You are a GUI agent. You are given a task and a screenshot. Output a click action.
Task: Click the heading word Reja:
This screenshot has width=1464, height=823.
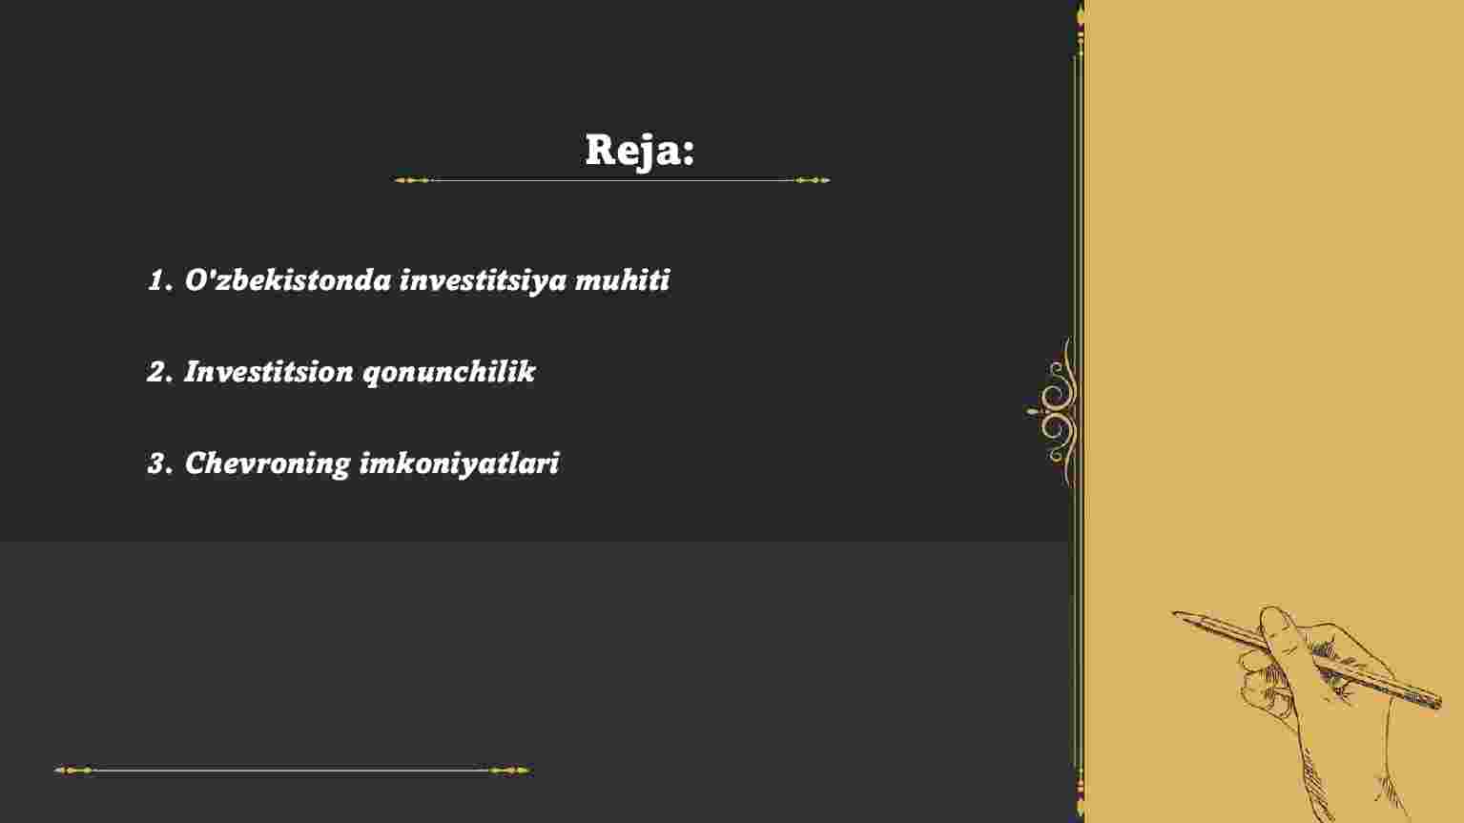[639, 151]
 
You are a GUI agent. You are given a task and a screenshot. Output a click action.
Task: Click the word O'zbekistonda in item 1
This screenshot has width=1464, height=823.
[288, 279]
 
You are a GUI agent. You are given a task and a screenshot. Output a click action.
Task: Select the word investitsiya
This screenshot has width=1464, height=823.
[483, 280]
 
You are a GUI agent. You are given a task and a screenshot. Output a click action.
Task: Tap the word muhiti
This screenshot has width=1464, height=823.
[622, 279]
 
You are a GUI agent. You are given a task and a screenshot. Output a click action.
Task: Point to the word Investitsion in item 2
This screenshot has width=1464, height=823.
[269, 371]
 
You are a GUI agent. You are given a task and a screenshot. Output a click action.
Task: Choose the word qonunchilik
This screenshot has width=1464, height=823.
[448, 372]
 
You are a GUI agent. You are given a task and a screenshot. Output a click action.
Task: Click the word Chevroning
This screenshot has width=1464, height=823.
[268, 464]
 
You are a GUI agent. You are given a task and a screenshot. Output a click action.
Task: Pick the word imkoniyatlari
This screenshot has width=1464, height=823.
[460, 464]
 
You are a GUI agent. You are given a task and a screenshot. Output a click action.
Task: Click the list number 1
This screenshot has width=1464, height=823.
[160, 280]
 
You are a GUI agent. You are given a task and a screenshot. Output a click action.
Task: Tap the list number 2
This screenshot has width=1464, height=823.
[160, 372]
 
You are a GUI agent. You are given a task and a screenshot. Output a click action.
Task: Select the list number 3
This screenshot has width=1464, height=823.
[160, 463]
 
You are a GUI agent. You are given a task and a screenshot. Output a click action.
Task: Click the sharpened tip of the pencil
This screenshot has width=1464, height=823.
[1174, 613]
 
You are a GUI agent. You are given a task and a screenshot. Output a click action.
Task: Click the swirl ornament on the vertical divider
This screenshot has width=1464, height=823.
[1054, 412]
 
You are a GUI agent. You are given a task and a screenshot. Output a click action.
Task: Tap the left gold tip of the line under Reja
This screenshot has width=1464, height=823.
[397, 180]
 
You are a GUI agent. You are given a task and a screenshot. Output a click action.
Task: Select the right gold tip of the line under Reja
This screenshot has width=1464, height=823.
[827, 180]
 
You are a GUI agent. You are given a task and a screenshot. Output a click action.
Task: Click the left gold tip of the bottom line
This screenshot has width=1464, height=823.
[57, 770]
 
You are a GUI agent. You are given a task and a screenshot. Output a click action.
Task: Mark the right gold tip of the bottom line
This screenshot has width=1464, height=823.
[528, 770]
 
